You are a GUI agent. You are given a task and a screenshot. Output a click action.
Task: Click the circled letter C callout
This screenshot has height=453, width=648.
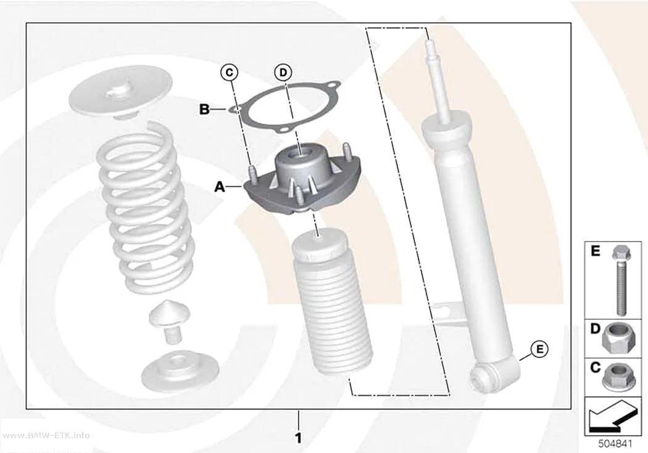coord(229,73)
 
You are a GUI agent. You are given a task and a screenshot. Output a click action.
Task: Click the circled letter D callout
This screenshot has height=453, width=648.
coord(283,73)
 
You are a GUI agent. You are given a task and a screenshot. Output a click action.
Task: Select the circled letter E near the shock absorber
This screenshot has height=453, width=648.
coord(540,349)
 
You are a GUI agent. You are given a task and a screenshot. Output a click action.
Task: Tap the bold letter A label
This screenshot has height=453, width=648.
coord(220,187)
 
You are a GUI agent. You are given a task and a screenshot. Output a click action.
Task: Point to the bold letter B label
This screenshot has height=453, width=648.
coord(204,109)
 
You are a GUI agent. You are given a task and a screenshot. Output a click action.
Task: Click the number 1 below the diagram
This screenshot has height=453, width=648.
coord(298,438)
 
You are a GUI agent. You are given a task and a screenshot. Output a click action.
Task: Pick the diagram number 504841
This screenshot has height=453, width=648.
coord(615,444)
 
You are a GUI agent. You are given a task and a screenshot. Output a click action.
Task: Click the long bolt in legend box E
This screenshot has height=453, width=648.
coord(620,280)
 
